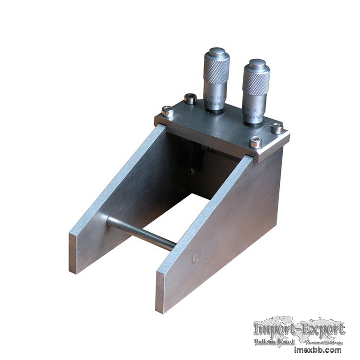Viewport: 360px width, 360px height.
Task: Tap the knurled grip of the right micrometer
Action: click(x=256, y=82)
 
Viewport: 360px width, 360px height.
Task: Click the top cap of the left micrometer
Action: click(x=217, y=52)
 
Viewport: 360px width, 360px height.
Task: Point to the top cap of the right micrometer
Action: click(x=258, y=63)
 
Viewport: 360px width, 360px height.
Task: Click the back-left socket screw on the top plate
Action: click(x=190, y=98)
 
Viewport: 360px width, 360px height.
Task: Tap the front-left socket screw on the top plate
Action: click(x=168, y=112)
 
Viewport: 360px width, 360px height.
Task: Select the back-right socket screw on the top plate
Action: click(x=277, y=128)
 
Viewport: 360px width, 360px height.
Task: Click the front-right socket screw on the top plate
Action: click(x=255, y=142)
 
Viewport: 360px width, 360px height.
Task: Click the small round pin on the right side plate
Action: click(x=196, y=257)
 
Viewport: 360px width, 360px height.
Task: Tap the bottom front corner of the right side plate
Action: click(x=161, y=310)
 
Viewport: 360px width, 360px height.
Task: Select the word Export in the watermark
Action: click(x=323, y=330)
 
